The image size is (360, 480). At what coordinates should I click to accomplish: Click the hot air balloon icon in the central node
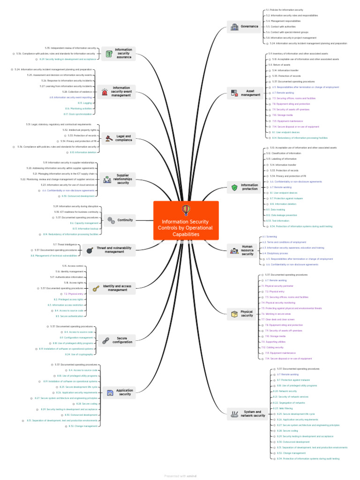(x=186, y=210)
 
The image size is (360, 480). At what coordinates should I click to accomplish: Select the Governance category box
(x=244, y=27)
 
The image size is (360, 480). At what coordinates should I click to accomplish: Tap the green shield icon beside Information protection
(x=234, y=187)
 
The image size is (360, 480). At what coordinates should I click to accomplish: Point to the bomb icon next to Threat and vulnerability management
(x=90, y=250)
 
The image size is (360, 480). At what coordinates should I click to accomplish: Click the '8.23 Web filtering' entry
(x=282, y=408)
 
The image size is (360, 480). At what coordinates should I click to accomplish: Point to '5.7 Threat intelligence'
(x=65, y=244)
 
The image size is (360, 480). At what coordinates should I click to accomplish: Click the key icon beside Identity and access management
(x=96, y=288)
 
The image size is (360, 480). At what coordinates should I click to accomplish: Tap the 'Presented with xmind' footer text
(x=180, y=476)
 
